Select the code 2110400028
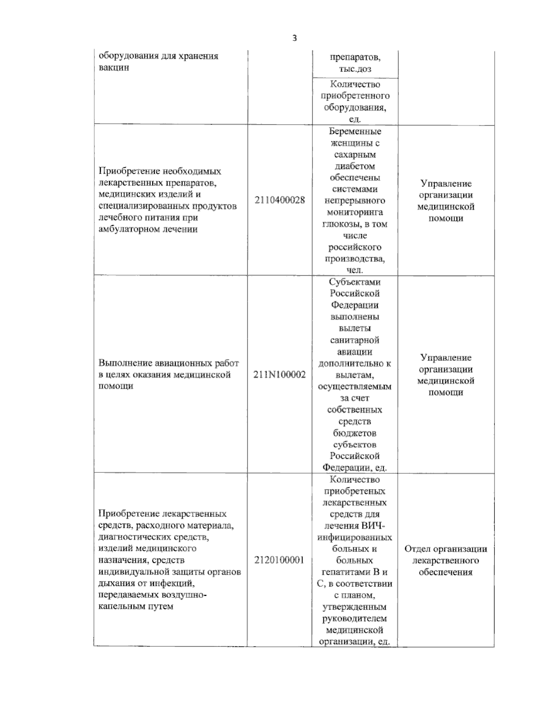point(280,200)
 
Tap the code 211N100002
point(280,375)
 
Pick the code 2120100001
point(279,560)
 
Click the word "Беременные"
point(355,131)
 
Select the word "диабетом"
point(355,166)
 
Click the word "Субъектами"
point(355,282)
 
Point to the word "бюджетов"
point(355,433)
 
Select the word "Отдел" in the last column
point(417,549)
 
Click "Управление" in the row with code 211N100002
point(446,357)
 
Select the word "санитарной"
point(355,340)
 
